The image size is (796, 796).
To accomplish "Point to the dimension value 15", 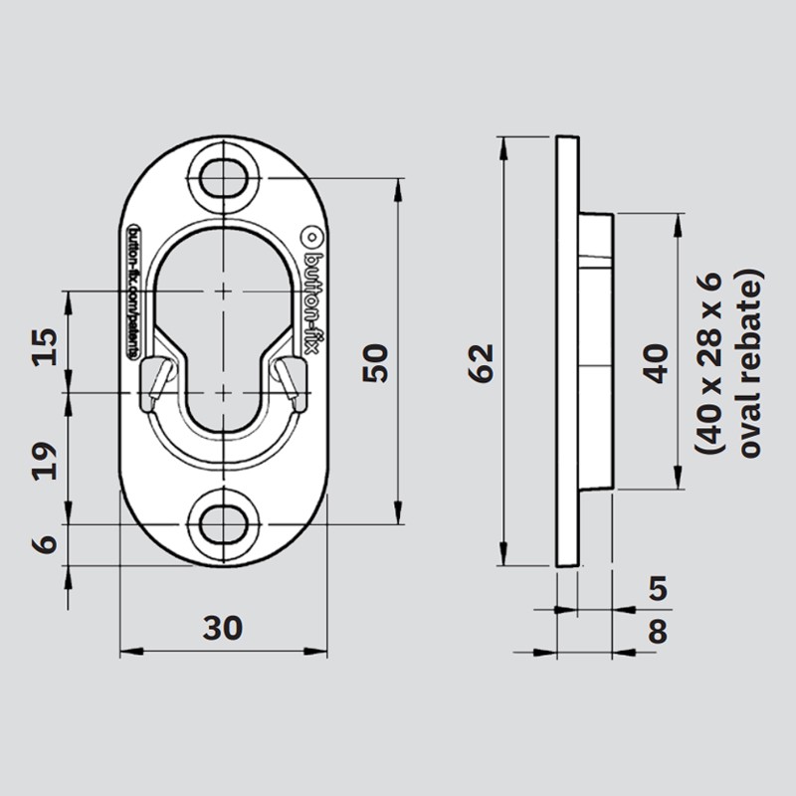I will tap(44, 343).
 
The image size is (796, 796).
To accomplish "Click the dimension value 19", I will tap(44, 460).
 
